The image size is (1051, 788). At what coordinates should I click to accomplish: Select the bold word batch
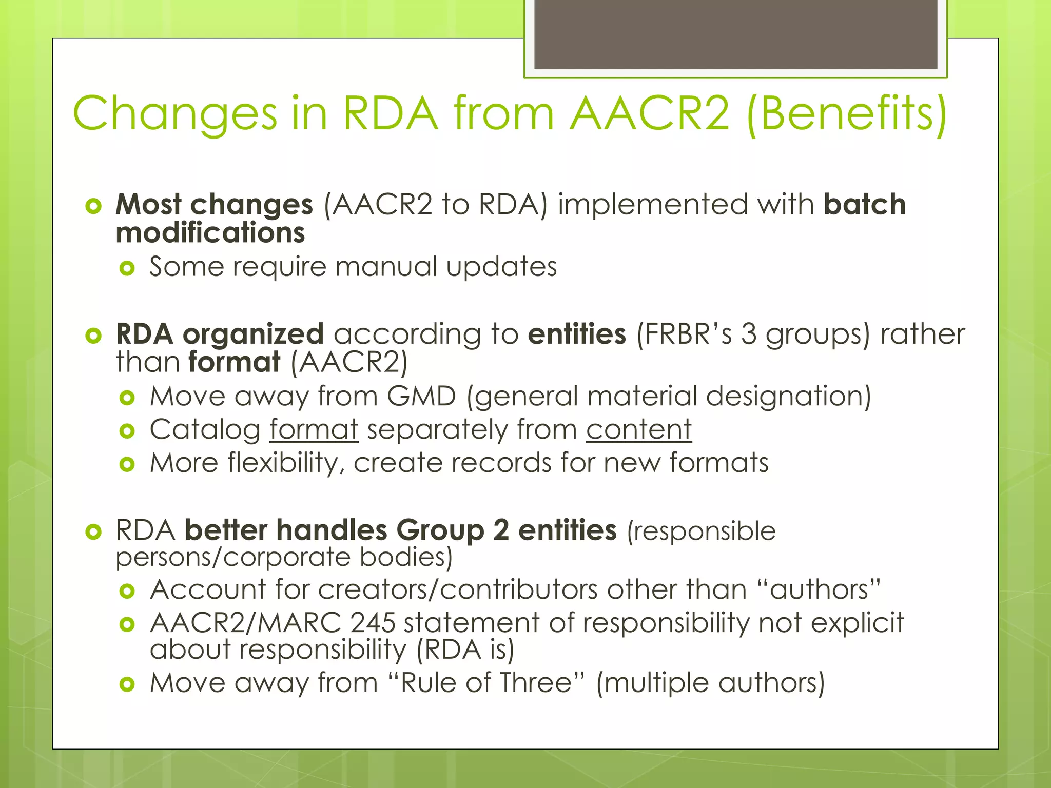pos(864,204)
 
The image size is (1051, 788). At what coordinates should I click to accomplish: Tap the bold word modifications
pos(210,232)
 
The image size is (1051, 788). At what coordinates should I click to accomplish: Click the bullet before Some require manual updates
pos(127,268)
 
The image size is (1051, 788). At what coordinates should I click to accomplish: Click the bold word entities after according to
pos(577,334)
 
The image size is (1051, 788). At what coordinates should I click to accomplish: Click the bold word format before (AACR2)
pos(234,362)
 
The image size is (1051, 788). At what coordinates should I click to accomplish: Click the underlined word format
pos(314,429)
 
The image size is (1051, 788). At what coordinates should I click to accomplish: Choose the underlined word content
pos(639,429)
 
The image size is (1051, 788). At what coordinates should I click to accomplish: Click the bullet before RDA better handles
pos(93,532)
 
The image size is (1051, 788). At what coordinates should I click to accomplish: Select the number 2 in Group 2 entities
pos(501,530)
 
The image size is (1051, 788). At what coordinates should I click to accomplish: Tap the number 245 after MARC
pos(373,623)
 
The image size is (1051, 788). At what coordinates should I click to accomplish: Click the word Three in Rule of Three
pos(536,683)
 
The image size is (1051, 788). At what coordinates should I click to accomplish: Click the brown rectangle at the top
pos(735,34)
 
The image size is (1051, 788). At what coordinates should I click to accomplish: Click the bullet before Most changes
pos(93,206)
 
